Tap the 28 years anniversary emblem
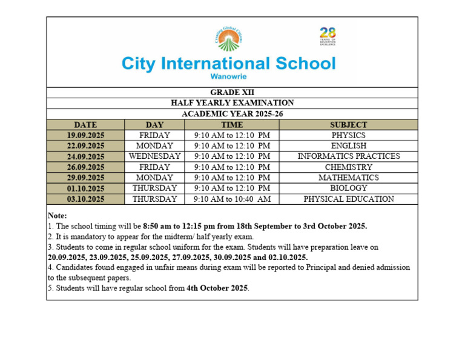coord(328,36)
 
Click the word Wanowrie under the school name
coord(228,77)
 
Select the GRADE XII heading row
coord(232,92)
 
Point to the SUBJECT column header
coord(348,124)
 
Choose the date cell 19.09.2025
coord(86,135)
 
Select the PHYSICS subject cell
coord(348,135)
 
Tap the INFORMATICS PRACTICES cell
coord(348,156)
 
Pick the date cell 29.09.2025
coord(86,178)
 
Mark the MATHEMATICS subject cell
coord(348,178)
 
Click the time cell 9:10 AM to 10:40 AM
coord(232,199)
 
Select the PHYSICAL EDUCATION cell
coord(348,199)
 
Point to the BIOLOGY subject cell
coord(348,188)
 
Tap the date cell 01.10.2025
coord(86,188)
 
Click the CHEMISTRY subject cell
coord(348,167)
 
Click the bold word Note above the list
coord(57,215)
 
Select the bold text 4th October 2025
coord(217,288)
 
